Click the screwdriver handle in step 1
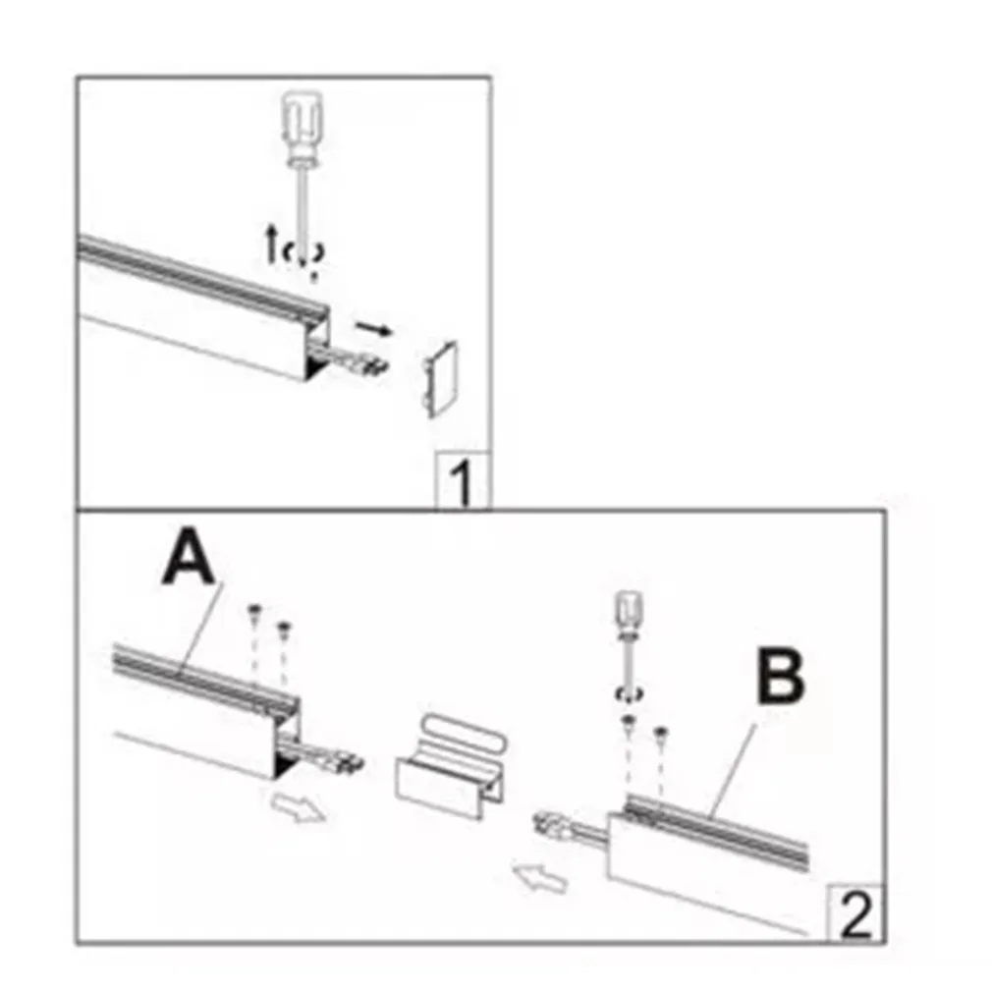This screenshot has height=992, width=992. pos(304,128)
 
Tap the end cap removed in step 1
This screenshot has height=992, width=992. pos(440,379)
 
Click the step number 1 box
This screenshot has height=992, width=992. pos(464,480)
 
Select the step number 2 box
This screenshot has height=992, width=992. pos(855,913)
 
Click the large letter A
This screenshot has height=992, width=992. pos(189,557)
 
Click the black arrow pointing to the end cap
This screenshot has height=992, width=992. pos(374,329)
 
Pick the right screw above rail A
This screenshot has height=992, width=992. pos(284,630)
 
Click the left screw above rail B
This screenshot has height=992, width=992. pos(629,724)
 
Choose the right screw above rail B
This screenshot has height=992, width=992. pos(660,735)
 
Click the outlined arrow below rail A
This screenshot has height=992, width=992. pos(299,807)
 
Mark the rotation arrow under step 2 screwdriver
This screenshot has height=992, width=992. pos(630,692)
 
